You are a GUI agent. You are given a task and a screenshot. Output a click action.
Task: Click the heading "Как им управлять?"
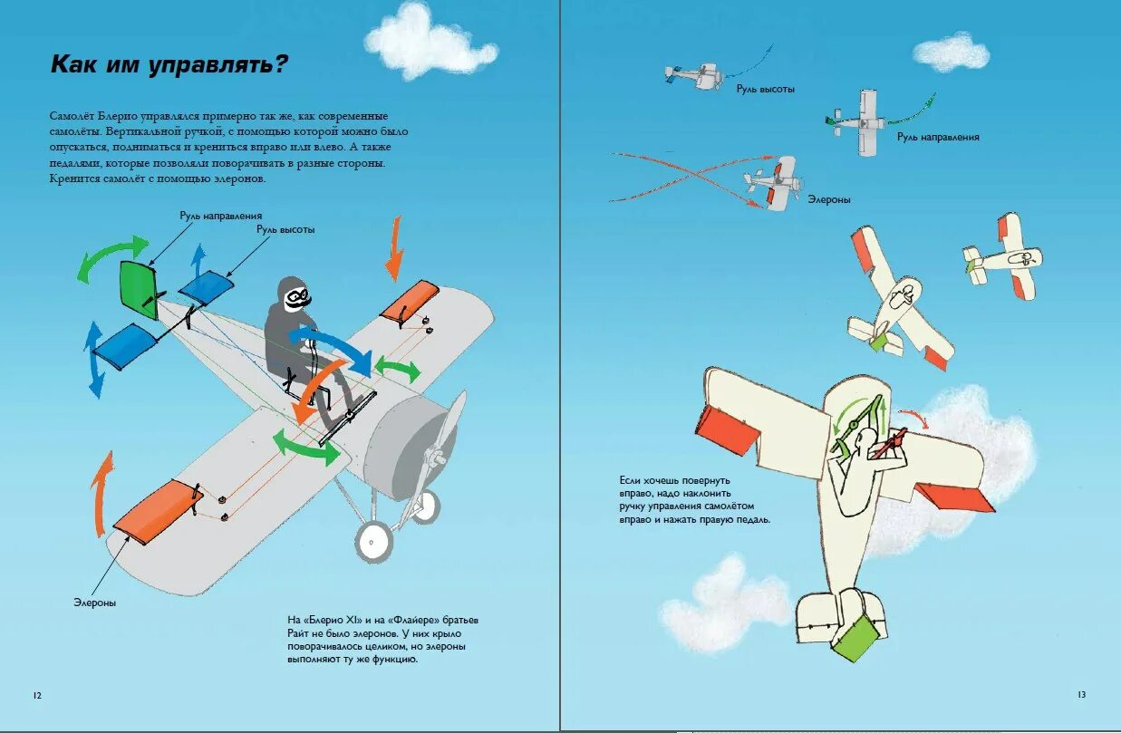coord(169,64)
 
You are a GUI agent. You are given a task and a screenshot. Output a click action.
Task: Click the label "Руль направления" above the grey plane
coord(220,216)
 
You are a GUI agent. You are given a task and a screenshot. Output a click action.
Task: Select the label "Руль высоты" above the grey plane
coord(285,230)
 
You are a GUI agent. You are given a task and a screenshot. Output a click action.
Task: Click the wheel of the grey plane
coord(373,541)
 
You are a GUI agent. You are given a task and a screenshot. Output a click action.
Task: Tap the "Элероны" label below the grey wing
coord(95,603)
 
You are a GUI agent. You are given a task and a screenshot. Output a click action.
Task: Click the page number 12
coord(36,695)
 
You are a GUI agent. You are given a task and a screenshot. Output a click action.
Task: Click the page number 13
coord(1081,695)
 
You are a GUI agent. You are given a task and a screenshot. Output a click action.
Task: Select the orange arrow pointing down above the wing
coord(394,249)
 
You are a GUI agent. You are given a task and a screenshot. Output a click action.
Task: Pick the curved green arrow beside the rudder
coord(111,255)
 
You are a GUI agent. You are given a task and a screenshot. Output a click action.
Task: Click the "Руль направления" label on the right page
coord(938,137)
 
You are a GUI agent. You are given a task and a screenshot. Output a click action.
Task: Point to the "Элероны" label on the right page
coord(829,199)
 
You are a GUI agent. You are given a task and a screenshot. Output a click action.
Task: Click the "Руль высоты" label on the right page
coord(766,90)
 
